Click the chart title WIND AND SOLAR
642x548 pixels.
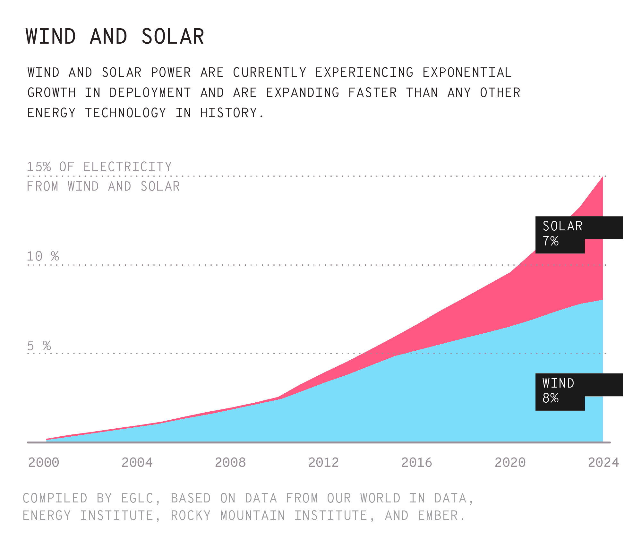(x=115, y=36)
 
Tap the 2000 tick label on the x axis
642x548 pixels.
(x=44, y=462)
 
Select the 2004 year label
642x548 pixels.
(x=137, y=462)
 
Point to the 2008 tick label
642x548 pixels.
(x=230, y=462)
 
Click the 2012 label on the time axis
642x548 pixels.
(x=323, y=462)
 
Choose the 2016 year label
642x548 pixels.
(x=417, y=462)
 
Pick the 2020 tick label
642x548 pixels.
(x=510, y=462)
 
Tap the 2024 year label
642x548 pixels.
(x=603, y=462)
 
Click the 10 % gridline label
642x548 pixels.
(x=43, y=256)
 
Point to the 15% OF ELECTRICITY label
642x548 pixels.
(x=99, y=167)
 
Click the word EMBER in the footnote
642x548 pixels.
(x=438, y=516)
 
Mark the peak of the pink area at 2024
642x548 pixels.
(x=603, y=177)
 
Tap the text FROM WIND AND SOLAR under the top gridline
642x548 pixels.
(x=103, y=186)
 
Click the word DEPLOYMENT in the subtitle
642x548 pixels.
(x=150, y=93)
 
